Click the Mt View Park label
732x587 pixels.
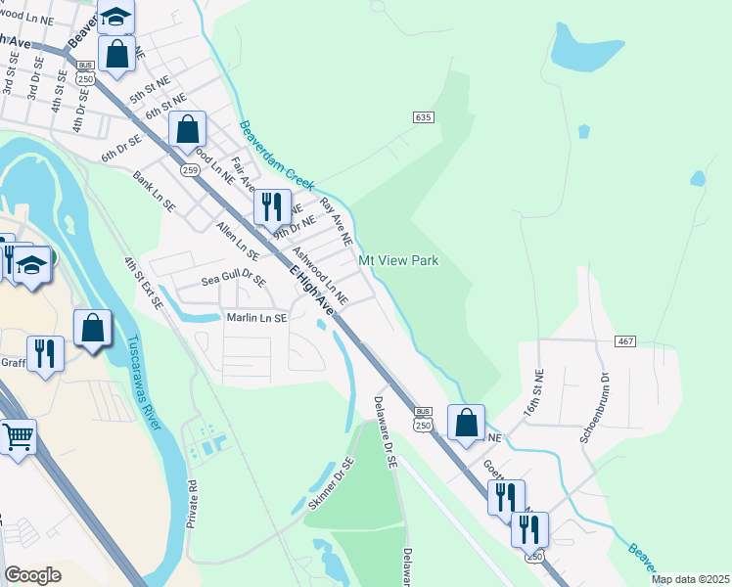point(397,261)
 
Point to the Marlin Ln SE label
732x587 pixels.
point(256,318)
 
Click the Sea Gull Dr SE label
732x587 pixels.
point(233,280)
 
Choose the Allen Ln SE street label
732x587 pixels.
point(237,240)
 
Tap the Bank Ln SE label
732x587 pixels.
point(154,193)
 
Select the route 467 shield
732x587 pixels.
point(626,340)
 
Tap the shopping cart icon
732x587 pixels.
point(18,437)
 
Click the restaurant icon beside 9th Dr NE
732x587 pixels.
point(272,206)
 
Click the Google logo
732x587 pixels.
point(32,575)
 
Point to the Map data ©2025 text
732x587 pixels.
point(690,580)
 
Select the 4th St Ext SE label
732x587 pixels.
point(143,284)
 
